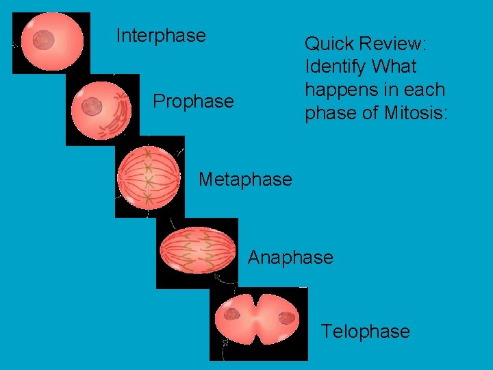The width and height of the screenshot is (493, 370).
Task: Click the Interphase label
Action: (161, 36)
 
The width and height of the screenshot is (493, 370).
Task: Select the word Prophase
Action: (193, 101)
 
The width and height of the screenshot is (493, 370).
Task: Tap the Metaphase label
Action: (245, 180)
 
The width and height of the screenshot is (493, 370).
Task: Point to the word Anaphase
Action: (290, 258)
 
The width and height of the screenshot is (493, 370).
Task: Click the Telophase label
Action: (366, 332)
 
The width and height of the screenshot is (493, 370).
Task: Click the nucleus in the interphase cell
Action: (44, 40)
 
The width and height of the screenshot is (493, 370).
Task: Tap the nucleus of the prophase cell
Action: (91, 106)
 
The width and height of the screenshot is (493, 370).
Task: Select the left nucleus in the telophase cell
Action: (232, 314)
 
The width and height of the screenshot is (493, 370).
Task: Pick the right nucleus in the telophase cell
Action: (287, 317)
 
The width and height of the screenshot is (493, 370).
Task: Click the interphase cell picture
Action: (51, 42)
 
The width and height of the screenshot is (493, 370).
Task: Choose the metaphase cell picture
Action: (150, 177)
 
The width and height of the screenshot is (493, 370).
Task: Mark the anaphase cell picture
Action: (197, 251)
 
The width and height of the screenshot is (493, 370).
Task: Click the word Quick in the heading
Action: (327, 45)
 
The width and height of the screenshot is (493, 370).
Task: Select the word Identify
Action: (335, 67)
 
